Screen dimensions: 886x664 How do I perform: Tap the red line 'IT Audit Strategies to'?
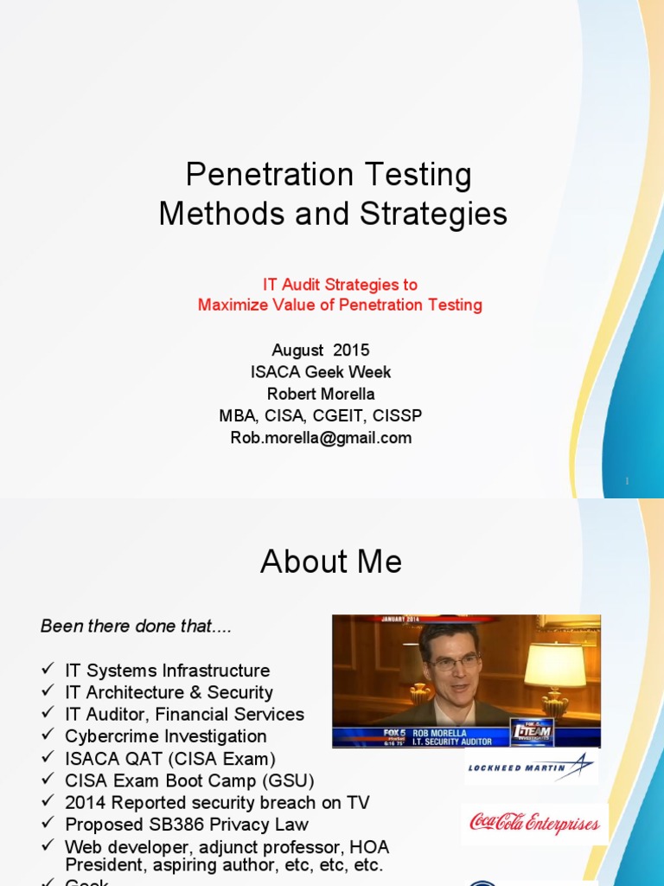[x=340, y=284]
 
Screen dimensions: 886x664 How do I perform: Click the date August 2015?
[x=320, y=350]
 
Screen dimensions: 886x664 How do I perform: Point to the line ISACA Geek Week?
[x=320, y=372]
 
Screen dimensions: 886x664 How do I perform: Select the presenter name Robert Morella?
[x=320, y=394]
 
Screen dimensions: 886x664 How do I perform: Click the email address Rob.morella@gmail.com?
[x=321, y=438]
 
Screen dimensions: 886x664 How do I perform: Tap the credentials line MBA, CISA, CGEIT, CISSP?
[x=321, y=416]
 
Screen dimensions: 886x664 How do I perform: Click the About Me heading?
[x=331, y=562]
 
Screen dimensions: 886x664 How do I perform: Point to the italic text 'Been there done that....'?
[x=137, y=626]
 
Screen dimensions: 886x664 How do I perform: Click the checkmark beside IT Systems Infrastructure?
[x=48, y=671]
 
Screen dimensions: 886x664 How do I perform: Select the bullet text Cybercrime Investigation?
[x=166, y=736]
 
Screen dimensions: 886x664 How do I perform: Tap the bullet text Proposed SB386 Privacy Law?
[x=187, y=825]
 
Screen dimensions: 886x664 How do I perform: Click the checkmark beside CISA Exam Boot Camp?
[x=48, y=780]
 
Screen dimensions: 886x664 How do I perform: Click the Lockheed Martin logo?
[x=530, y=766]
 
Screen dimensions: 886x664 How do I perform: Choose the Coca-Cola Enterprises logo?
[x=534, y=823]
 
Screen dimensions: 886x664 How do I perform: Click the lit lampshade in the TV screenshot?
[x=554, y=665]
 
